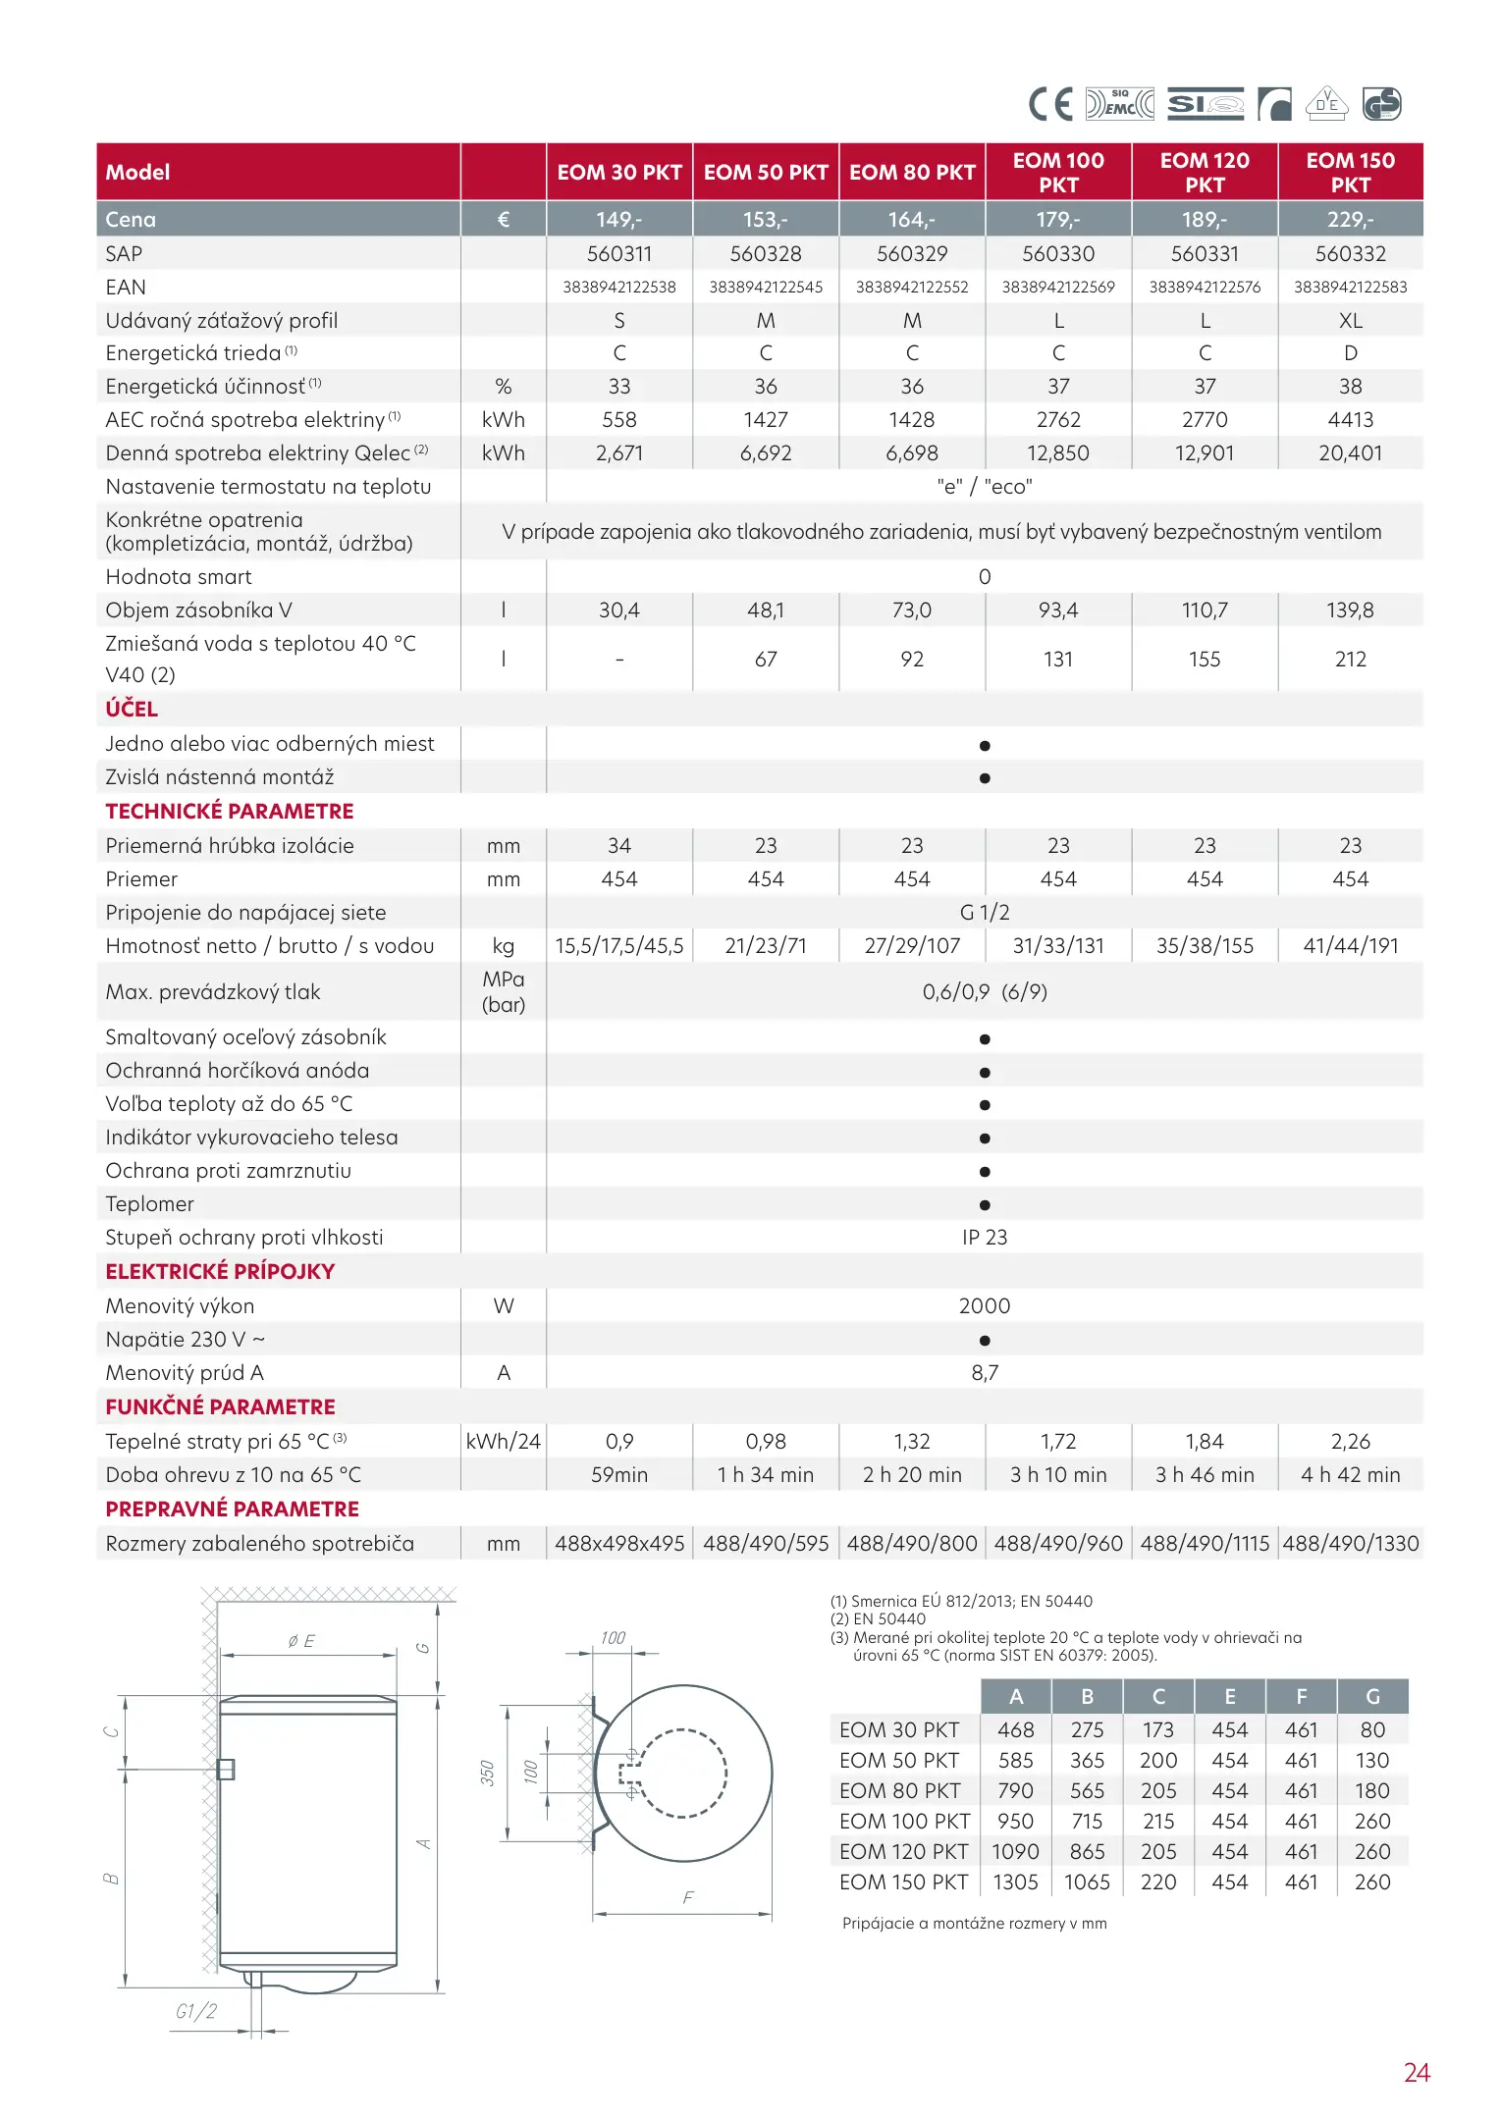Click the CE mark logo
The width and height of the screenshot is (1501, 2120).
[x=1049, y=104]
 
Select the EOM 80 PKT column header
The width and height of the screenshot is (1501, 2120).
[x=912, y=173]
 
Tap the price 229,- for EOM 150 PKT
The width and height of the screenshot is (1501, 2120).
[x=1350, y=220]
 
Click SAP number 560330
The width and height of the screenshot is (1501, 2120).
[x=1058, y=254]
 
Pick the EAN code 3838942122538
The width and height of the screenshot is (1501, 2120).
[x=619, y=288]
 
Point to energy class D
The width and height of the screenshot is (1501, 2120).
[x=1351, y=353]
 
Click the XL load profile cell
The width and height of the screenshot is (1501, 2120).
[x=1351, y=321]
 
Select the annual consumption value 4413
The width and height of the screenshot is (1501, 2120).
[x=1351, y=420]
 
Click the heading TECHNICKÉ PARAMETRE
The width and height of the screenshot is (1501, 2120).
[x=230, y=812]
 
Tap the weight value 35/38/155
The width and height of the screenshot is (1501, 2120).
[x=1205, y=946]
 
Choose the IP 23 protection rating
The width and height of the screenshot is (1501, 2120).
[x=985, y=1238]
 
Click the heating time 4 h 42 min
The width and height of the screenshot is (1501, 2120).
[x=1351, y=1475]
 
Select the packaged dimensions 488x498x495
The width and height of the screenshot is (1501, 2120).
[x=619, y=1544]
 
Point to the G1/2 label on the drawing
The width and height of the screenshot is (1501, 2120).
[x=195, y=2011]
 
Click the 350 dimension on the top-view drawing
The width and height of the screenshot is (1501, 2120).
[x=487, y=1774]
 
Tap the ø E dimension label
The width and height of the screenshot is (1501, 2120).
[x=301, y=1641]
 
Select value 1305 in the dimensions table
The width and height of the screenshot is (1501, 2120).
[x=1015, y=1882]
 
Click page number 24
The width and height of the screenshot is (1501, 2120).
[x=1417, y=2073]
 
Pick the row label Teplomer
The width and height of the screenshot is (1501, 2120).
[x=150, y=1204]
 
